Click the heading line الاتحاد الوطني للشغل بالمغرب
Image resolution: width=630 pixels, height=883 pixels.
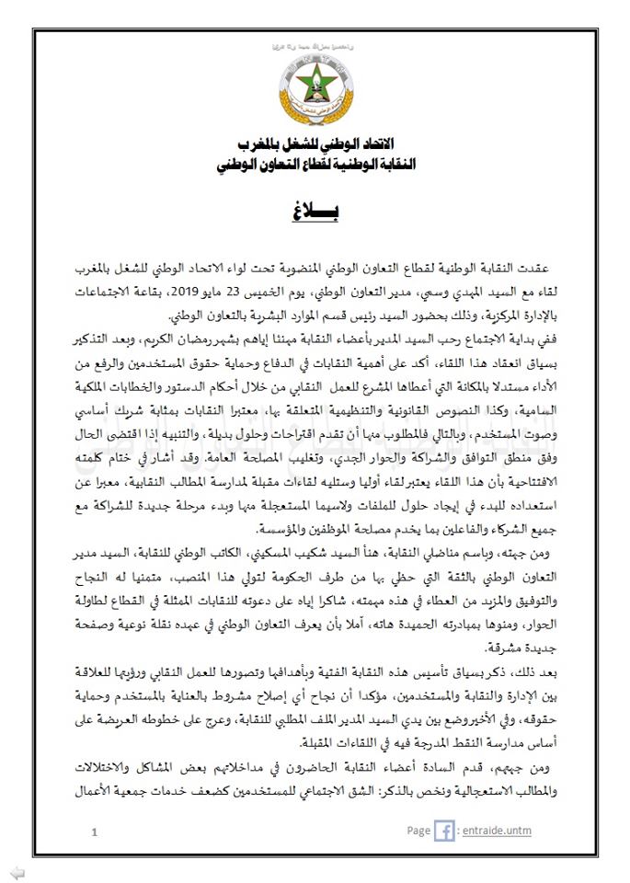click(315, 147)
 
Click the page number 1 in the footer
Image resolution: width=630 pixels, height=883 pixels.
click(95, 833)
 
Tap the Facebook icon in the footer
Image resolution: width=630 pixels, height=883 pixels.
click(444, 831)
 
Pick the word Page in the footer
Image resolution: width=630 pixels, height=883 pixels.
click(418, 831)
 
